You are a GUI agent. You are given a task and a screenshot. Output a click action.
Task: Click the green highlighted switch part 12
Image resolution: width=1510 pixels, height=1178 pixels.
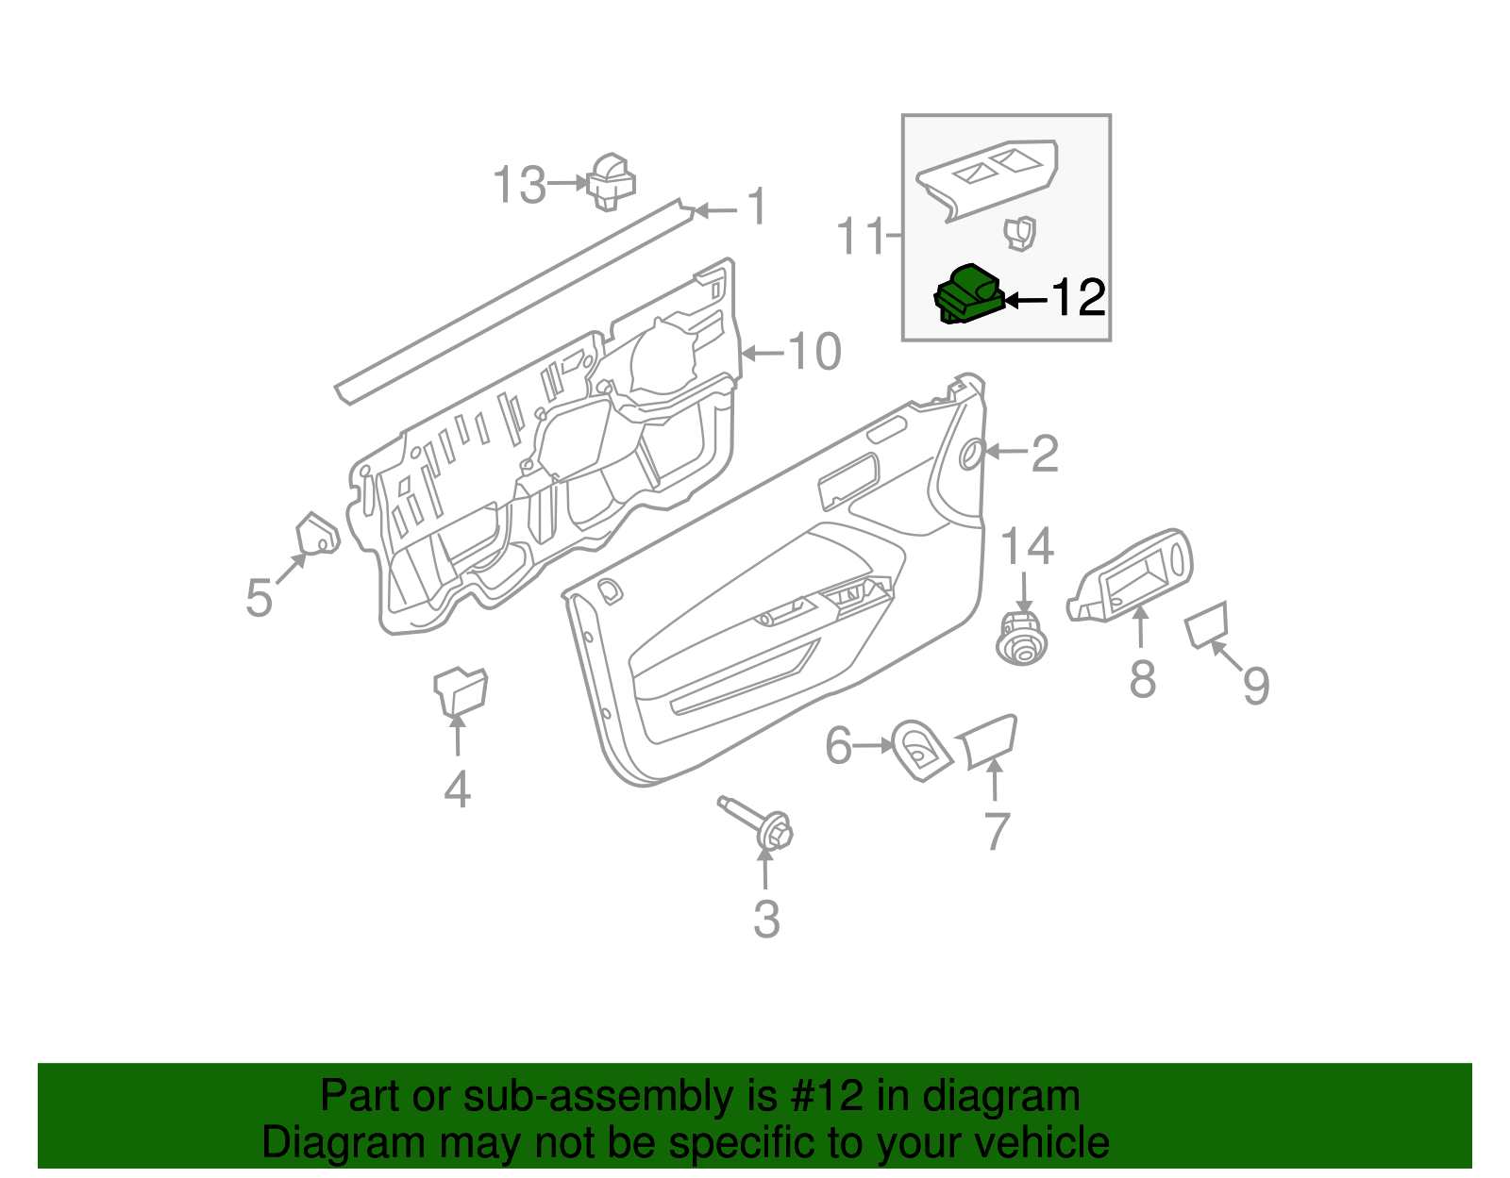click(967, 294)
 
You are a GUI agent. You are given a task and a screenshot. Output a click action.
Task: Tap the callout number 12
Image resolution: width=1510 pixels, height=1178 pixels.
click(1078, 298)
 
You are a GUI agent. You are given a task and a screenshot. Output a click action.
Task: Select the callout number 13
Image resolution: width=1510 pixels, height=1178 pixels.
click(520, 185)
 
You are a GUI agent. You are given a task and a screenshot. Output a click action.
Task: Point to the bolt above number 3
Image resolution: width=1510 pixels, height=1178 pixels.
click(759, 823)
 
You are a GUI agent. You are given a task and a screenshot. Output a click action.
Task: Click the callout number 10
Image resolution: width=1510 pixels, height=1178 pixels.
click(814, 353)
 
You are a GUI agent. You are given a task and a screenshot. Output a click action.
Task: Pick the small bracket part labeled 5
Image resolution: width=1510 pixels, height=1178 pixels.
click(316, 535)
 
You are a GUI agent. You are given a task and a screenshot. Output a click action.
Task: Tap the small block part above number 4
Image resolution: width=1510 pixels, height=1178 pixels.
click(460, 690)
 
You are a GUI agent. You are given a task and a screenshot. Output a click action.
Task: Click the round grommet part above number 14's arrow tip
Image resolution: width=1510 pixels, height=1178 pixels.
click(1021, 639)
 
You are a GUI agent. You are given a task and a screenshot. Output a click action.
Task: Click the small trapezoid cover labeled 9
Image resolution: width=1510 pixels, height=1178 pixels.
click(1207, 623)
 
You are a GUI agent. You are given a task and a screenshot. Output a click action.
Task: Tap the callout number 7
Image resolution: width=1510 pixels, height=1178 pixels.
click(997, 831)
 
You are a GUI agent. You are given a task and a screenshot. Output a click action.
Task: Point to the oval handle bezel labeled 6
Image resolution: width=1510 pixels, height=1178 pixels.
click(919, 750)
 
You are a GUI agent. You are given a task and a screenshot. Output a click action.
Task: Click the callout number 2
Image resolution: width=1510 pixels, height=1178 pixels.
click(1045, 455)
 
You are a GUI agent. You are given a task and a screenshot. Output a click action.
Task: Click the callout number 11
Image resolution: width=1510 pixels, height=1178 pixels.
click(861, 236)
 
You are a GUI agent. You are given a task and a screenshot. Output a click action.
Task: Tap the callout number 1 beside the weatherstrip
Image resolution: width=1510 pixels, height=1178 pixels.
click(757, 207)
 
